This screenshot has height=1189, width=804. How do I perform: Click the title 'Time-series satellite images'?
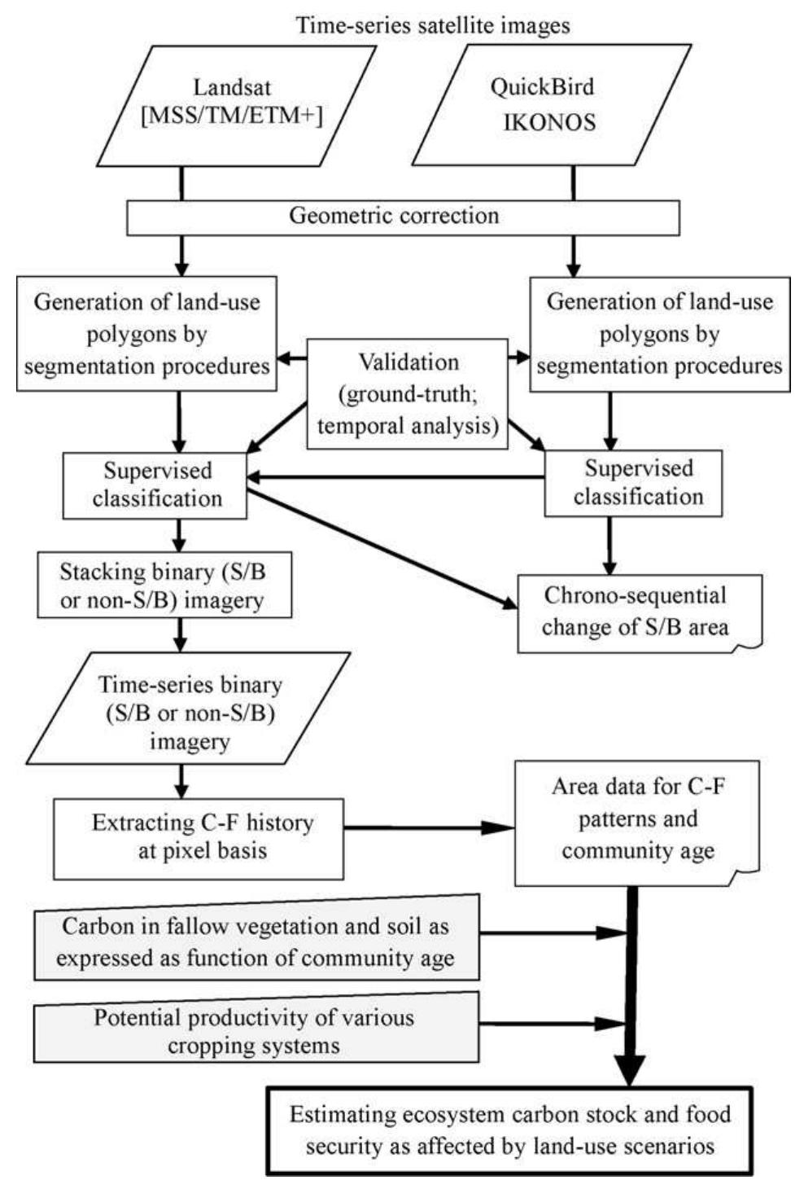point(432,25)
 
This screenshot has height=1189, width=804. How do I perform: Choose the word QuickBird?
point(542,87)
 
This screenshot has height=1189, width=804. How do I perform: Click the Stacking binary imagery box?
point(163,586)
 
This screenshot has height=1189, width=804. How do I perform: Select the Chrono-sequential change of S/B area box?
point(639,612)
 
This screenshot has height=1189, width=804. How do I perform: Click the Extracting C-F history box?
point(199,837)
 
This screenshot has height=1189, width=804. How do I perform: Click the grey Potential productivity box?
point(256,1030)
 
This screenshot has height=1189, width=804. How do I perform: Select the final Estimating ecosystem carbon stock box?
point(510,1130)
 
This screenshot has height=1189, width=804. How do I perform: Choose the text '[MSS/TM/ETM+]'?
point(232,116)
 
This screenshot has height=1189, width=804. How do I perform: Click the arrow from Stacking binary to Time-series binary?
point(181,634)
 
